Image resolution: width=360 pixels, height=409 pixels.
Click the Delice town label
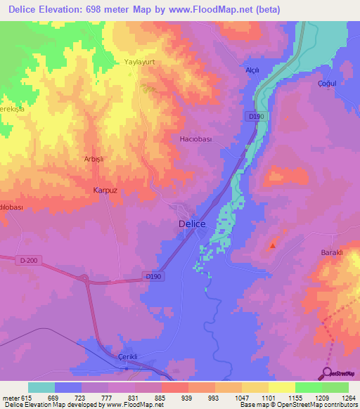tap(192, 224)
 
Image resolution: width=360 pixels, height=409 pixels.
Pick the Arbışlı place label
tap(94, 160)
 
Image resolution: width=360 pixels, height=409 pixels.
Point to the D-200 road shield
tap(29, 261)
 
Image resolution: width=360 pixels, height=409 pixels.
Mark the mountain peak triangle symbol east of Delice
tap(273, 245)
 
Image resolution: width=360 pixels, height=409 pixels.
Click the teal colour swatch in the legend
tap(41, 387)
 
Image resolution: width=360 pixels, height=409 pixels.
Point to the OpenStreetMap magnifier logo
tap(327, 373)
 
